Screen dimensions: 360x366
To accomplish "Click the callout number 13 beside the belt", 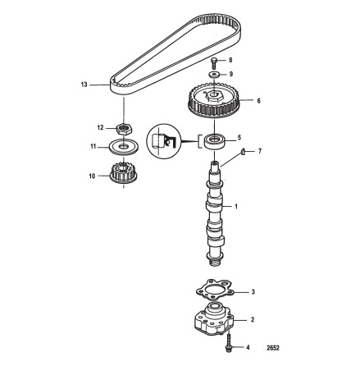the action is [x=84, y=85].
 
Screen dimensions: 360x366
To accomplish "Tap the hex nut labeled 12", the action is [x=124, y=129].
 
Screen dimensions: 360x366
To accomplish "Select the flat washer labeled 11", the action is [x=123, y=147].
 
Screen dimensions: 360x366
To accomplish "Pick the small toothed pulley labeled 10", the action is [x=124, y=173].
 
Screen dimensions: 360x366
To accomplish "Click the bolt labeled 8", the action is [x=215, y=62].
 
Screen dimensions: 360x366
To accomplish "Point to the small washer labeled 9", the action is [x=214, y=74].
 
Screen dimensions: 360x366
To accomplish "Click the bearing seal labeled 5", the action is [x=215, y=141].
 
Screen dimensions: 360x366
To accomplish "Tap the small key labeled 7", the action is [x=243, y=151].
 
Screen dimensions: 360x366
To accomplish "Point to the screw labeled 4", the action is [x=229, y=342].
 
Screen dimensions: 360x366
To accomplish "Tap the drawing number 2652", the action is [x=273, y=348].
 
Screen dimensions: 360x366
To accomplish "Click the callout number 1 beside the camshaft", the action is [x=236, y=206].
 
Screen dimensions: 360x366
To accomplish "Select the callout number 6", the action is [x=258, y=101].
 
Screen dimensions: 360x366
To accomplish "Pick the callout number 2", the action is [x=253, y=319].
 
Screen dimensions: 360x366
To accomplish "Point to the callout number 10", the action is [x=92, y=176].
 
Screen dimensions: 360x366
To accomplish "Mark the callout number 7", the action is [x=260, y=151].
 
